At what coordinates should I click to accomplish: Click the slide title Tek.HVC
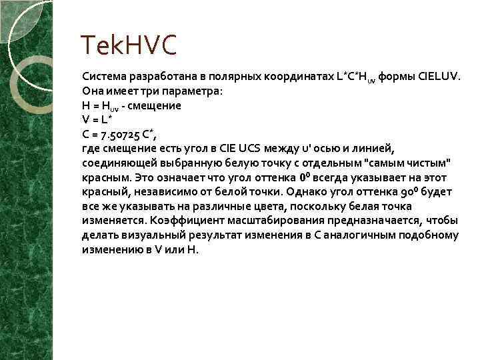(x=129, y=47)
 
